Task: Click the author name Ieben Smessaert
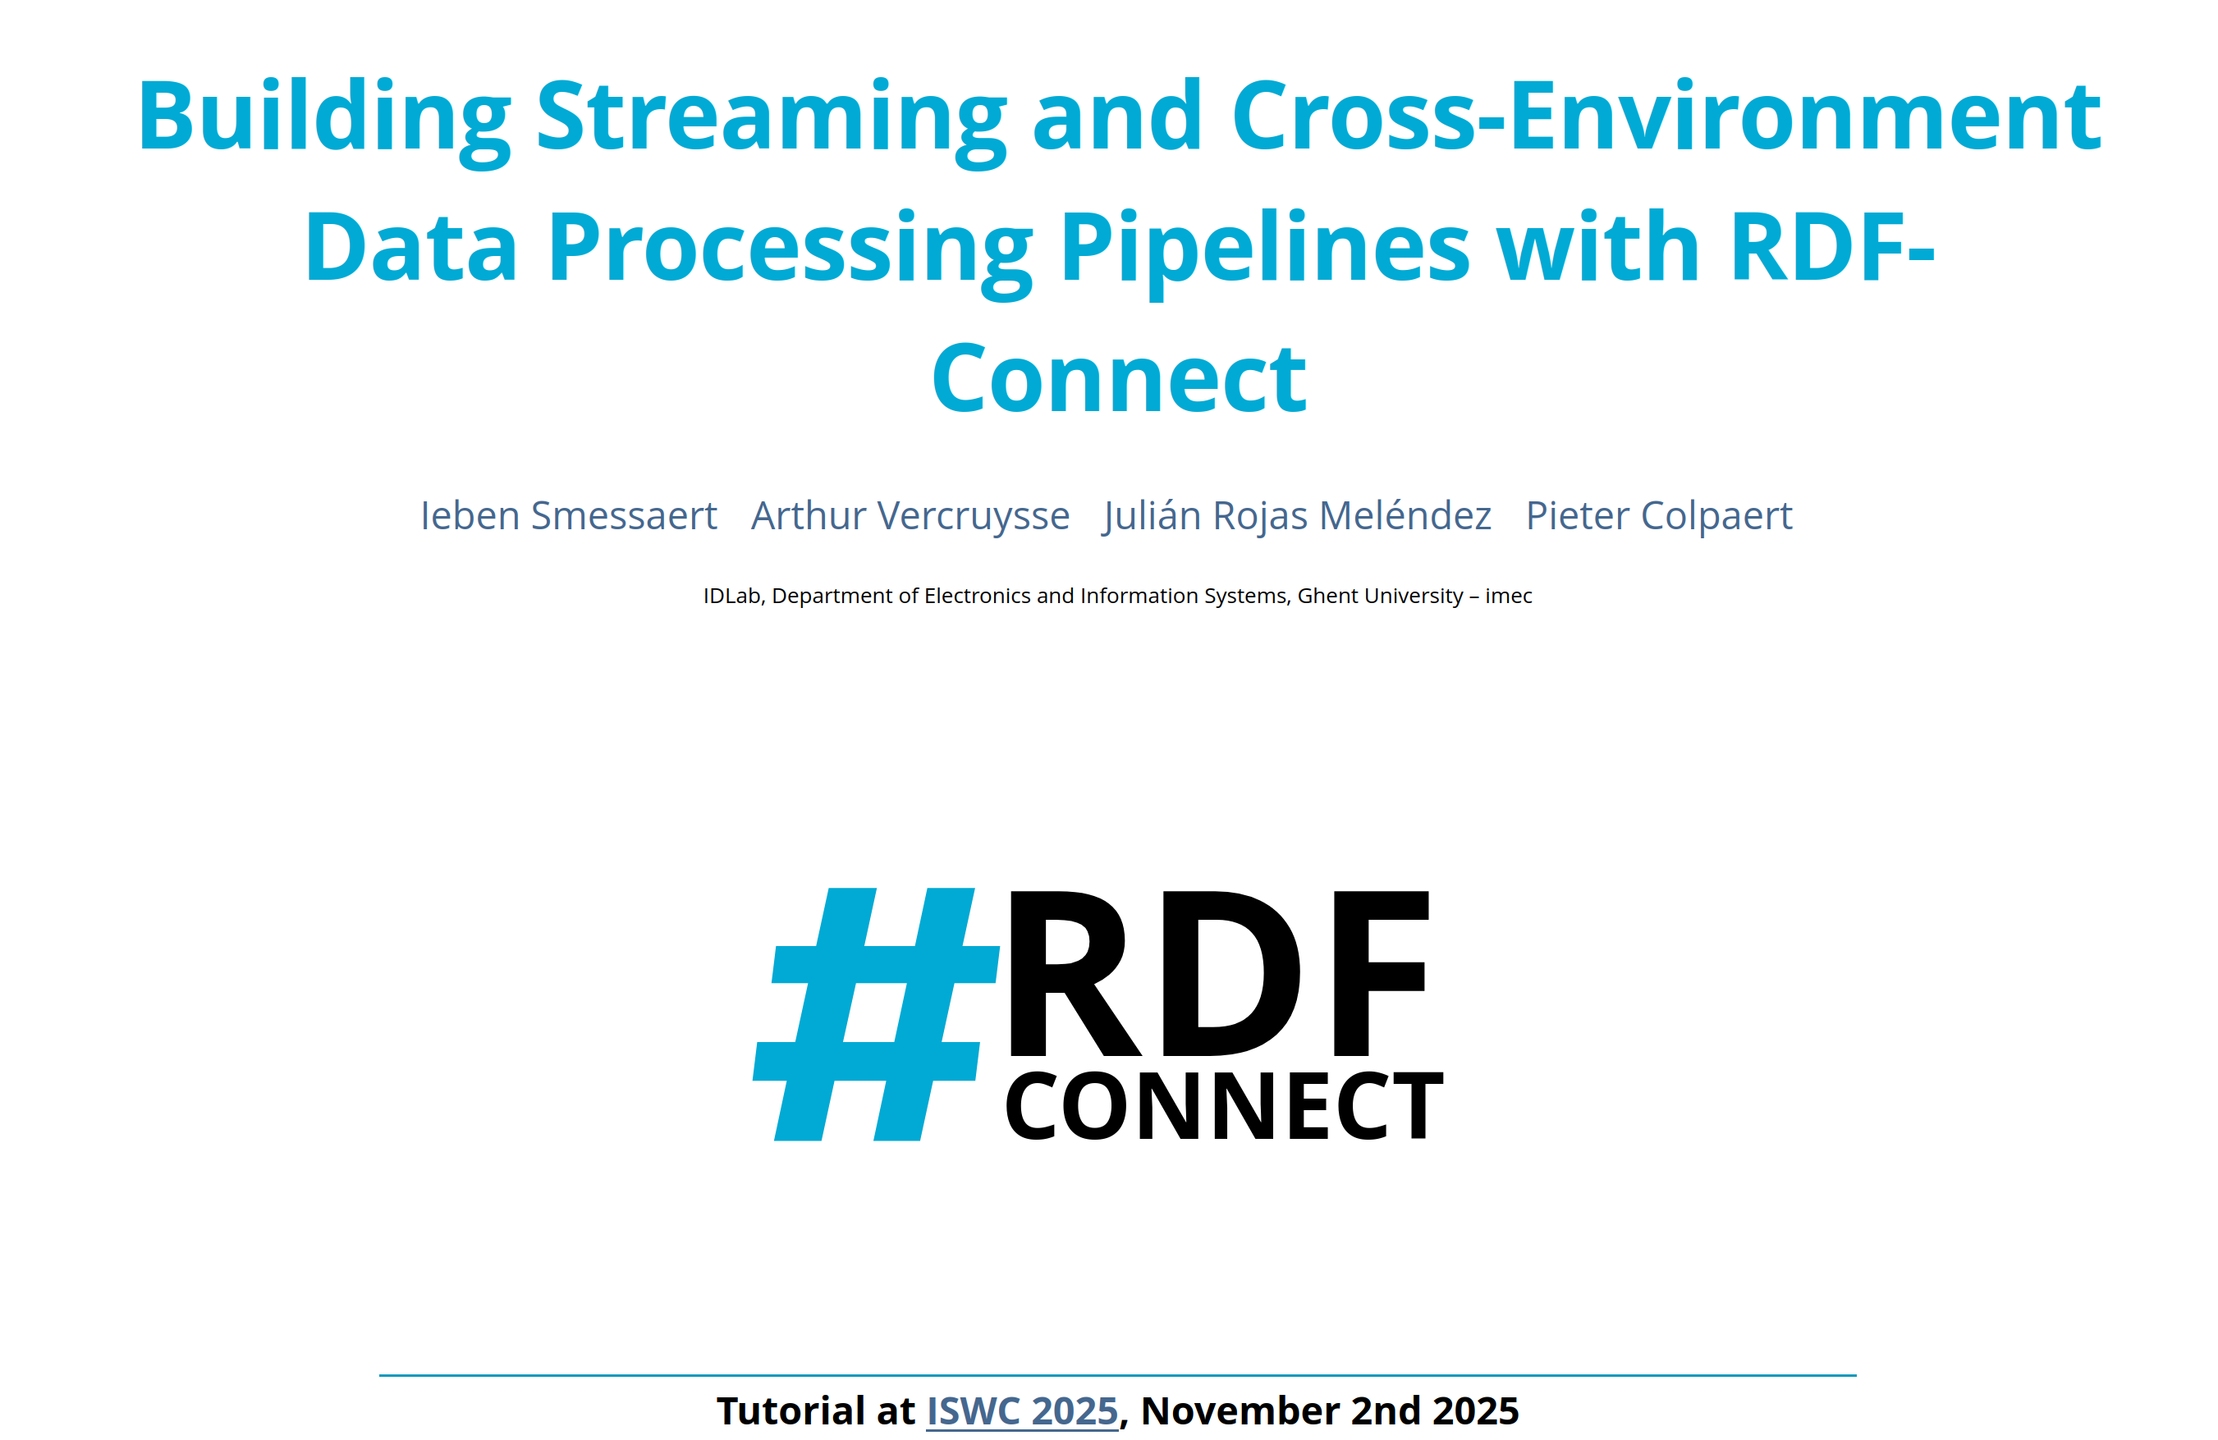point(569,515)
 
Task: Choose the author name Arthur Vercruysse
point(910,515)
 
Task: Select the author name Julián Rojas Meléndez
point(1297,515)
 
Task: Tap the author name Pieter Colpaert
point(1659,515)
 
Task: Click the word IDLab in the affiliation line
point(733,597)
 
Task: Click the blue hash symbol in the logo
point(876,1014)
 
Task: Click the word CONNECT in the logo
point(1225,1105)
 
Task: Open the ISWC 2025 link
point(1021,1411)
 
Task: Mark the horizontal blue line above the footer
point(1117,1375)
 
